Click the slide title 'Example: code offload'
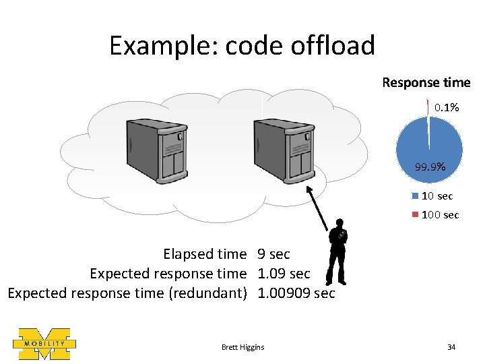pyautogui.click(x=242, y=46)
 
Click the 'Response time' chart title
pyautogui.click(x=426, y=83)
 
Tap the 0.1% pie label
pyautogui.click(x=447, y=107)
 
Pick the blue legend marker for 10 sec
pyautogui.click(x=415, y=196)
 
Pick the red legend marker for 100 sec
pyautogui.click(x=415, y=214)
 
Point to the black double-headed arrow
pyautogui.click(x=321, y=209)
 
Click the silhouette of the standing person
pyautogui.click(x=341, y=253)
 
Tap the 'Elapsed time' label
pyautogui.click(x=205, y=254)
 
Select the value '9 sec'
pyautogui.click(x=273, y=254)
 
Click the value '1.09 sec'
pyautogui.click(x=284, y=274)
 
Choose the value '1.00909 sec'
pyautogui.click(x=296, y=293)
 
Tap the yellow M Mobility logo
pyautogui.click(x=44, y=344)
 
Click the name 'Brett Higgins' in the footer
pyautogui.click(x=243, y=347)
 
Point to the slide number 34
pyautogui.click(x=451, y=347)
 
